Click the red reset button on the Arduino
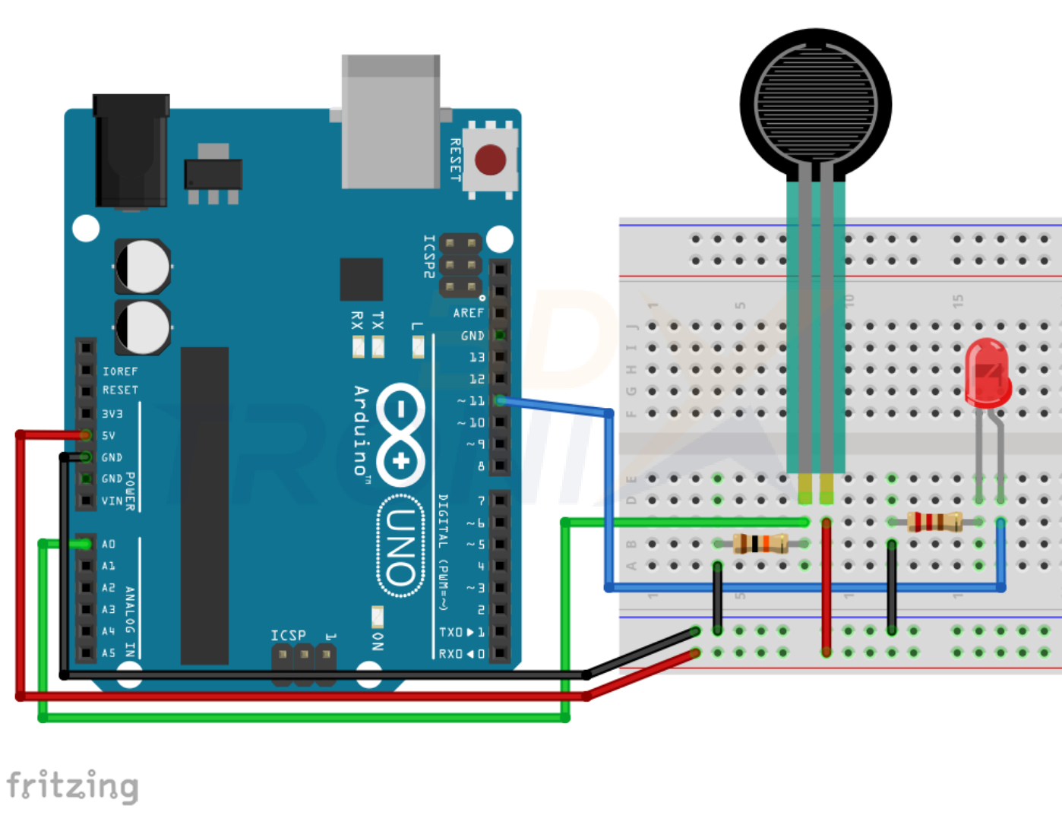click(x=490, y=160)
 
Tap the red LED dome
click(x=988, y=371)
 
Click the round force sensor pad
click(x=816, y=103)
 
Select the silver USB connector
click(x=390, y=122)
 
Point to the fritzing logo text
click(x=73, y=785)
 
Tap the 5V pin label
click(x=109, y=436)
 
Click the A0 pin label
click(x=109, y=545)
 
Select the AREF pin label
click(x=468, y=313)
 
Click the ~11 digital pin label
click(x=471, y=400)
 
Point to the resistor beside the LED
click(x=934, y=522)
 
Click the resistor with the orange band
click(x=760, y=543)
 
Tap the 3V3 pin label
click(x=112, y=414)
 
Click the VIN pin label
click(x=112, y=501)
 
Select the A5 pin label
click(x=109, y=653)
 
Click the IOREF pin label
click(x=120, y=371)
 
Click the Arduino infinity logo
click(x=400, y=434)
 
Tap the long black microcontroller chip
click(x=204, y=505)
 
